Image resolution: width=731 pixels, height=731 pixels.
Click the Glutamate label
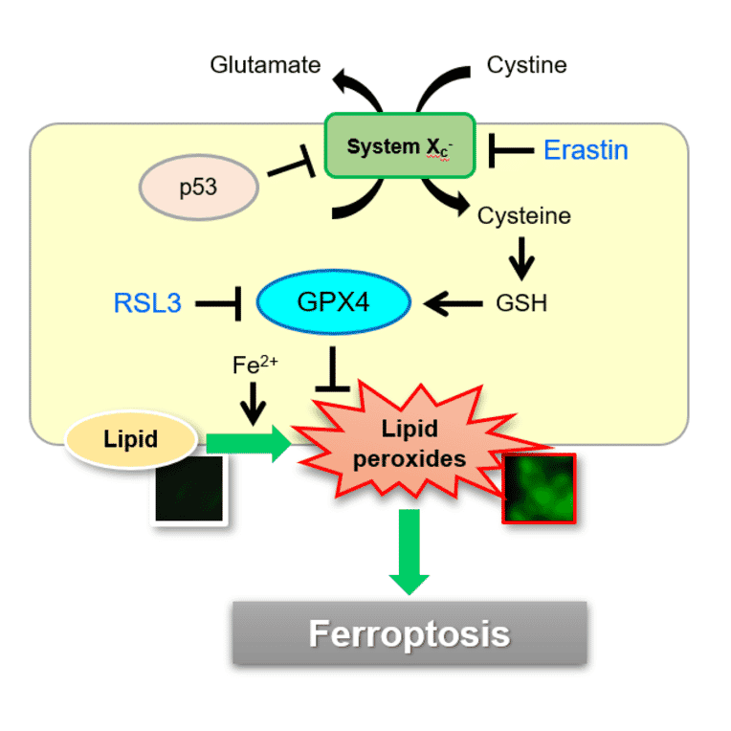tap(265, 65)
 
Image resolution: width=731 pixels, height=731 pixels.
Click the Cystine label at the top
tap(526, 65)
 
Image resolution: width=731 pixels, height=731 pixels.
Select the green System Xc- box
tap(399, 145)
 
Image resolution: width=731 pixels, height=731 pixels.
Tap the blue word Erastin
tap(586, 149)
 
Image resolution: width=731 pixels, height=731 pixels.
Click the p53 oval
tap(199, 186)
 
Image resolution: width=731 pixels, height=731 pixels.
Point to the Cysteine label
tap(523, 215)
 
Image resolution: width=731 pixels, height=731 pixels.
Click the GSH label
tap(521, 303)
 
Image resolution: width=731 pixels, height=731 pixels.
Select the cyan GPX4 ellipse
tap(334, 303)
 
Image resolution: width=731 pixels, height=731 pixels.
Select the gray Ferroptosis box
tap(410, 633)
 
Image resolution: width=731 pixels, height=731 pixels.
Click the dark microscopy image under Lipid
tap(189, 489)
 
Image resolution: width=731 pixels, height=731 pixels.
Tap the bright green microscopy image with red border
tap(539, 489)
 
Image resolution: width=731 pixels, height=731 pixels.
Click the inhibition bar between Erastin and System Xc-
tap(509, 149)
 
